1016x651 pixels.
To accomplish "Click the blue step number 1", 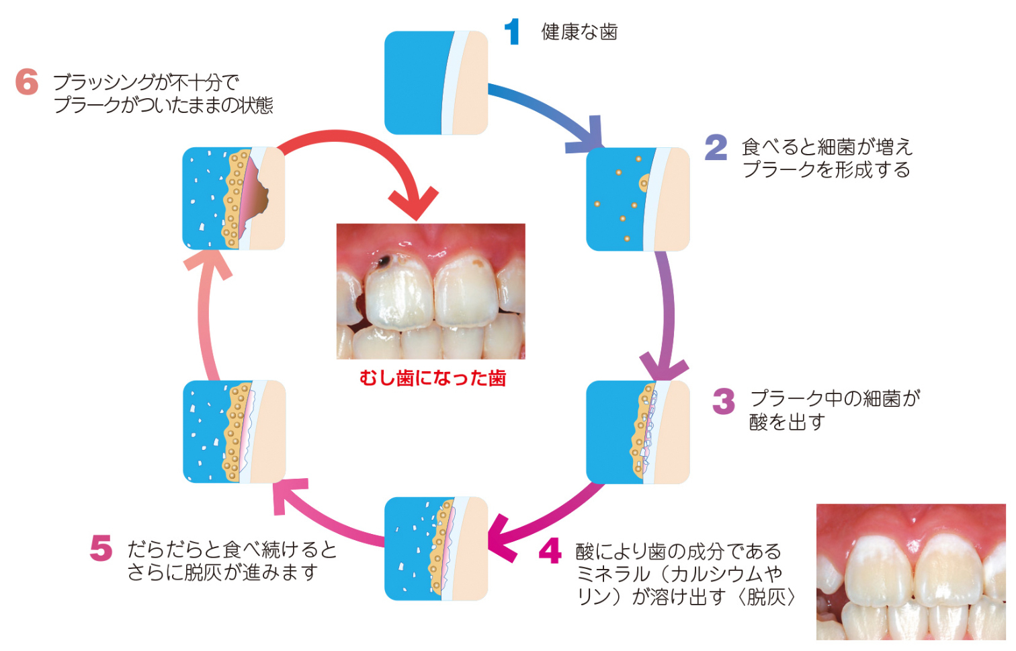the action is [513, 32].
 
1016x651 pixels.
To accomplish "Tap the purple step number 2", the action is [716, 147].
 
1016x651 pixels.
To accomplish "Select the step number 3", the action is [724, 401].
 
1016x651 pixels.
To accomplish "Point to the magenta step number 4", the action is [550, 550].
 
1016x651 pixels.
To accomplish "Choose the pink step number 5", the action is [101, 548].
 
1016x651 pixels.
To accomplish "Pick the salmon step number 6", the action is [27, 82].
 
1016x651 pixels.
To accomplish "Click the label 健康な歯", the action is [579, 32].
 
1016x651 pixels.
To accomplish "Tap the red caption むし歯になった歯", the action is [432, 378].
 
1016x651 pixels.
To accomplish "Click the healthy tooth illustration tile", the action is [436, 83].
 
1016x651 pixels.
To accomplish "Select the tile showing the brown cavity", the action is [234, 198].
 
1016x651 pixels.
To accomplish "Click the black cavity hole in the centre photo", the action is [384, 260].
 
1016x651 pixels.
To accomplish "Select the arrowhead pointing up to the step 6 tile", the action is [208, 264].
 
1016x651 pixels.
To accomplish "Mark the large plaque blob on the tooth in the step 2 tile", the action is [644, 184].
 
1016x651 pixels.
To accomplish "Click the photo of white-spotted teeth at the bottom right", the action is [911, 572].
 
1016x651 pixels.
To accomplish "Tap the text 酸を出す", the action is [788, 422].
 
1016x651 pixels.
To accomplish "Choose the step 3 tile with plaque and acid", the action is [638, 432].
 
